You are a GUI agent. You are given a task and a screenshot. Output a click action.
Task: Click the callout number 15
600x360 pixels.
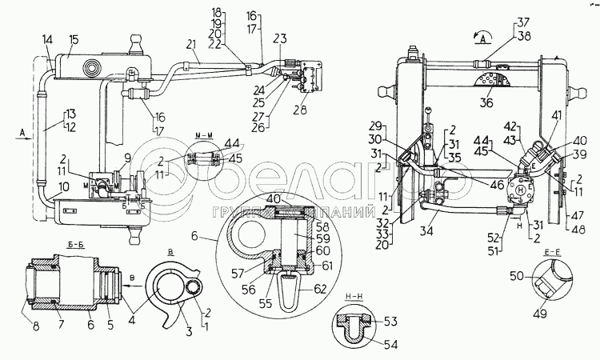coord(74,39)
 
